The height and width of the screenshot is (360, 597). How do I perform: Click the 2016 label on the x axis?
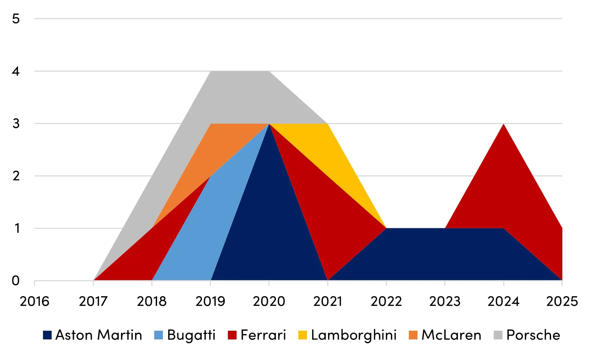coord(34,301)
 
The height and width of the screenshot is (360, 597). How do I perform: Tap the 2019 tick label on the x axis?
coord(210,301)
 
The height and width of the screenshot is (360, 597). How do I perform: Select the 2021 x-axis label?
coord(328,301)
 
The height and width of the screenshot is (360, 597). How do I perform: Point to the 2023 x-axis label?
coord(445,301)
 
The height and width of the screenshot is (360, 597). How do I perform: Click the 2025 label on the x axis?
coord(562,301)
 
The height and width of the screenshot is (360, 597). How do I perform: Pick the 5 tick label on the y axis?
coord(16,19)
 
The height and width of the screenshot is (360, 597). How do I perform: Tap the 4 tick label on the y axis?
coord(16,71)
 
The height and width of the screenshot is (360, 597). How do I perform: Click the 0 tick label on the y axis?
coord(16,280)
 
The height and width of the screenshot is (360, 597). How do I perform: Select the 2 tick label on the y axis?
coord(16,176)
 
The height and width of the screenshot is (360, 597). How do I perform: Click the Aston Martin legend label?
coord(99,335)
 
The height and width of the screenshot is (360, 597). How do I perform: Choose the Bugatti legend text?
coord(191,335)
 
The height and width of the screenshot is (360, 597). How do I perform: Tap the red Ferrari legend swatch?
coord(232,335)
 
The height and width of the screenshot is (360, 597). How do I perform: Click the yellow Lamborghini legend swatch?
coord(302,335)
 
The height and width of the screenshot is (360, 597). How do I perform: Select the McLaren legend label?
coord(451,335)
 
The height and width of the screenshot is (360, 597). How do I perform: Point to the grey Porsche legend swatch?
coord(498,335)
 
